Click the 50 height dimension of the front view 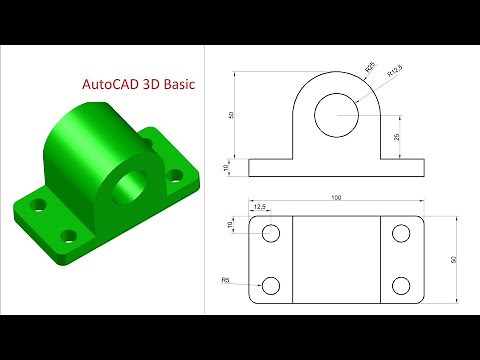[232, 115]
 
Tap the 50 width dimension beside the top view [453, 259]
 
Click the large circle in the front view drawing [335, 116]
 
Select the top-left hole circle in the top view [271, 234]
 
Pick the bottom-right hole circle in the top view [401, 285]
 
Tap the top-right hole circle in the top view [401, 234]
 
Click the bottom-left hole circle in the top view [271, 285]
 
